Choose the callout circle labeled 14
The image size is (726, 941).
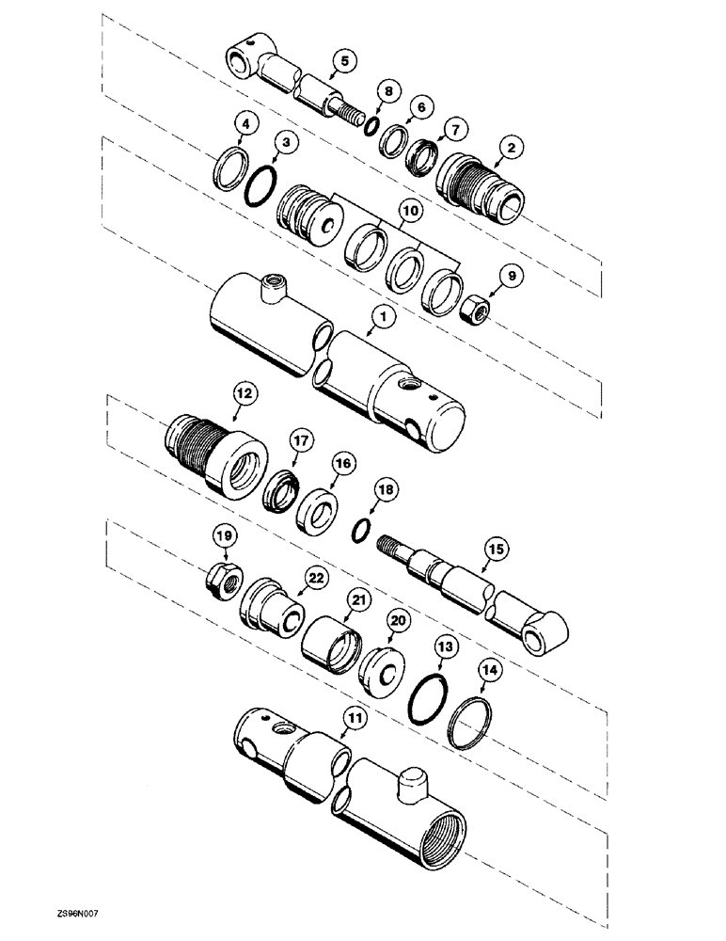(x=489, y=671)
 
